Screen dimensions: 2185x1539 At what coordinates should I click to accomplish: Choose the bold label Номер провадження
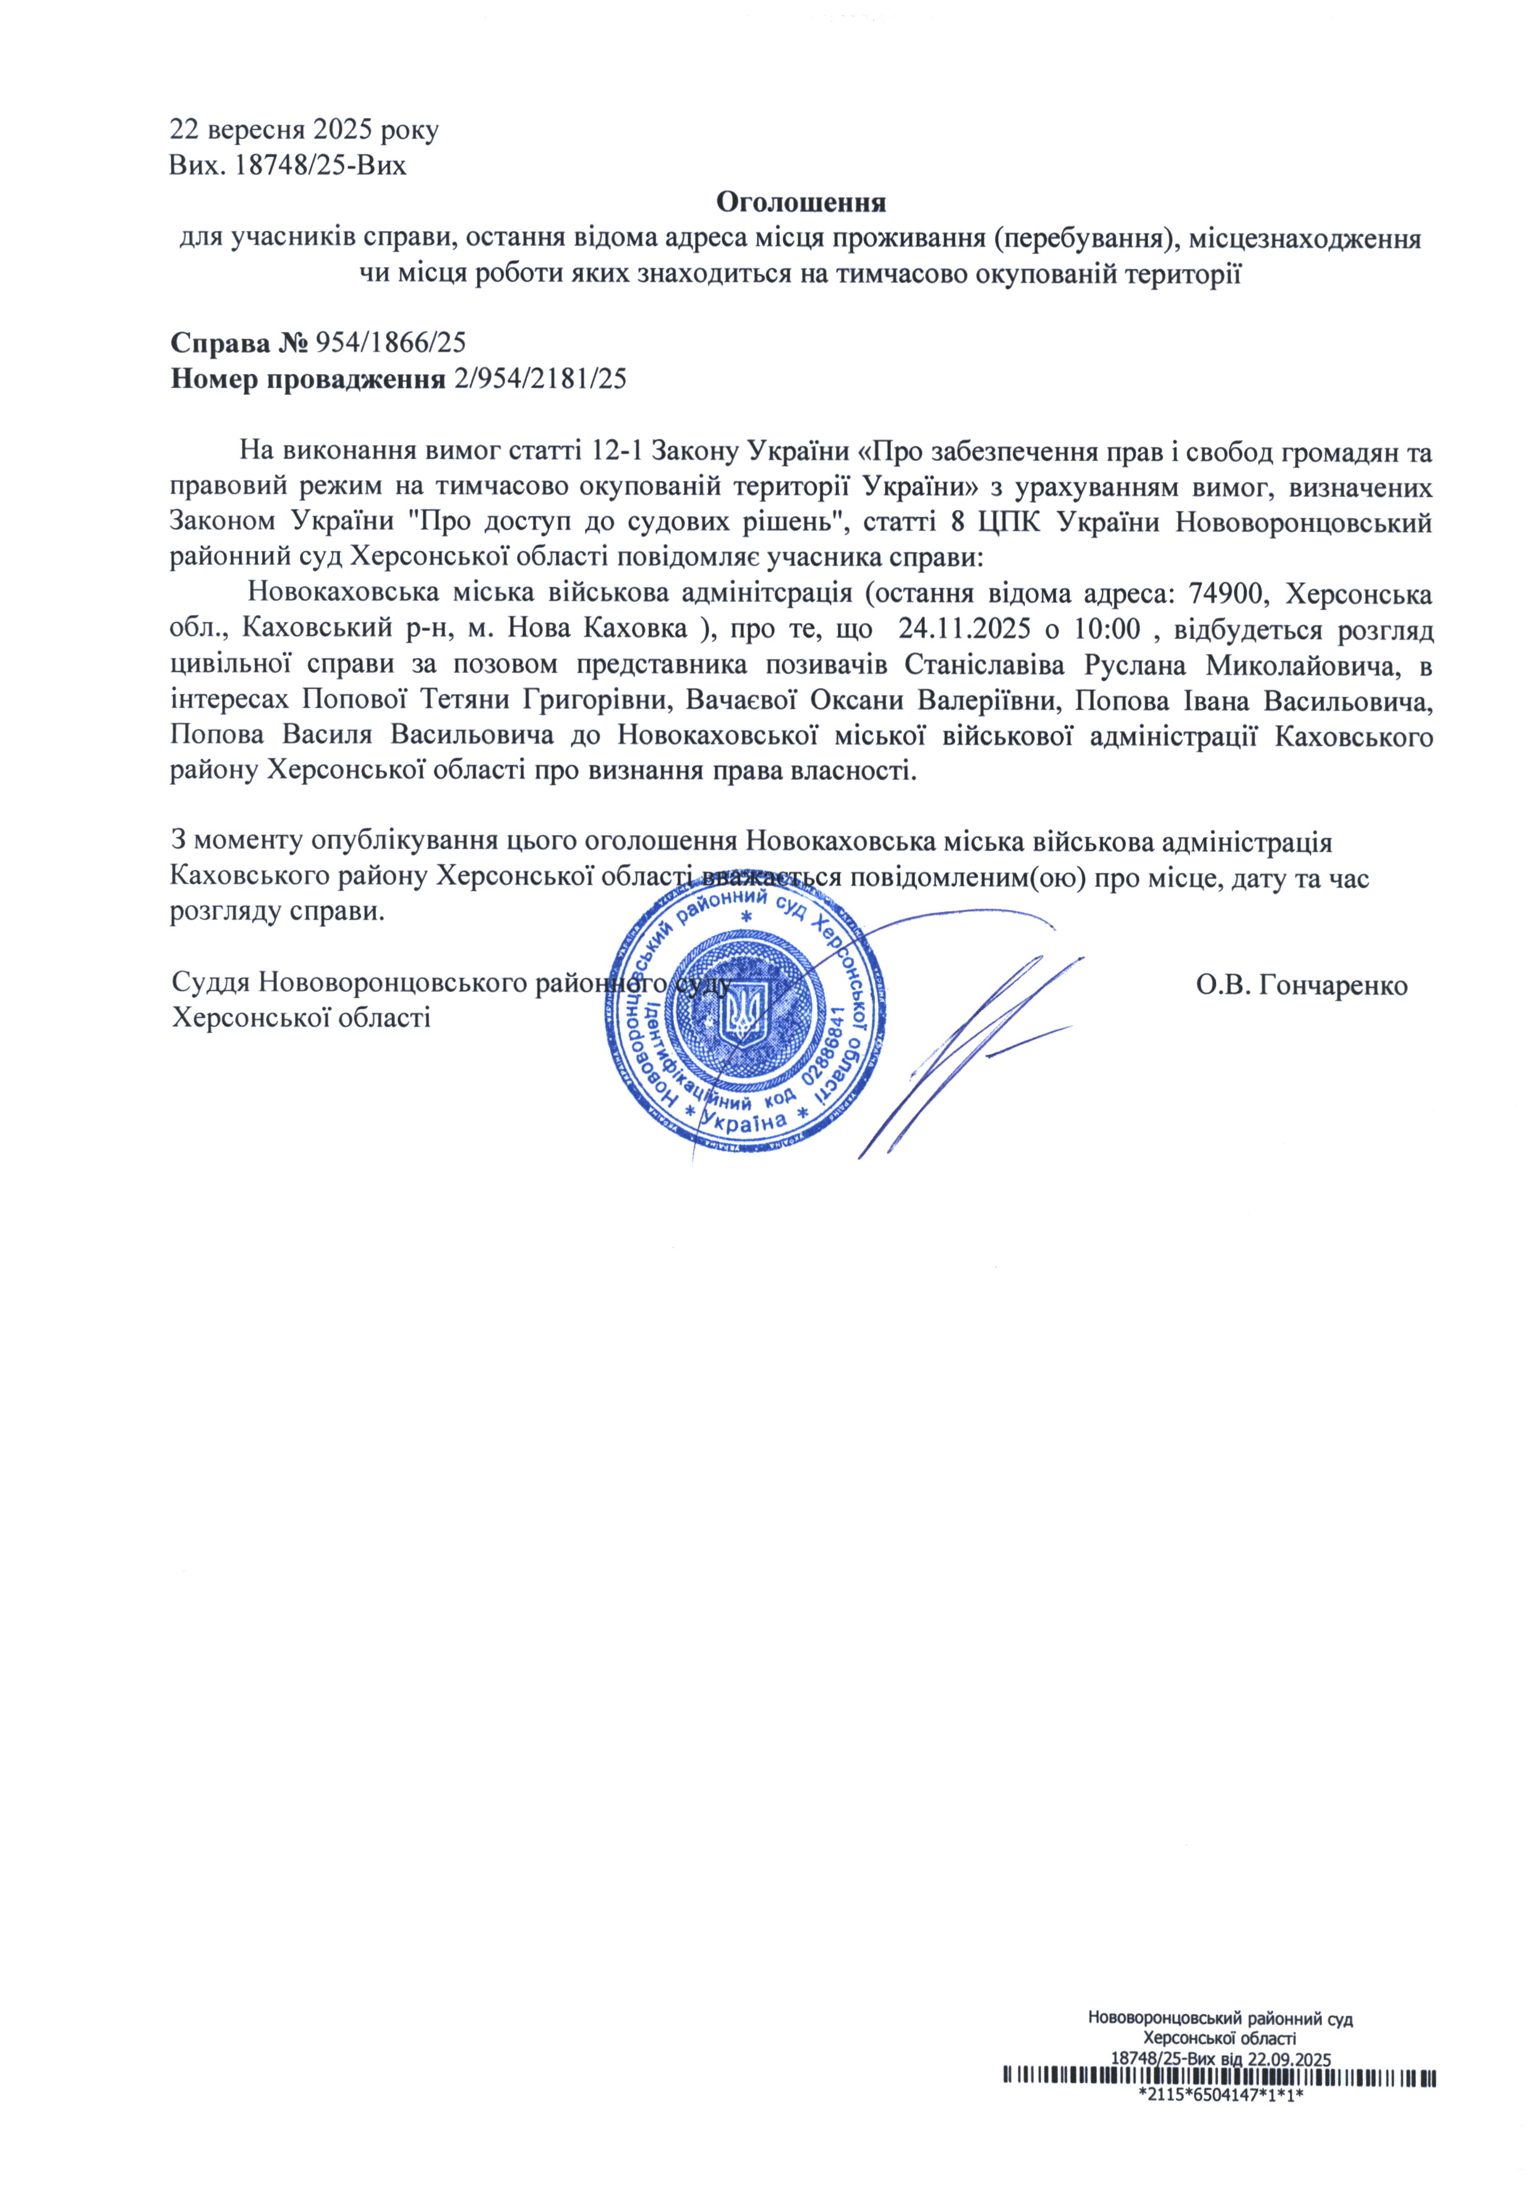(x=307, y=379)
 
